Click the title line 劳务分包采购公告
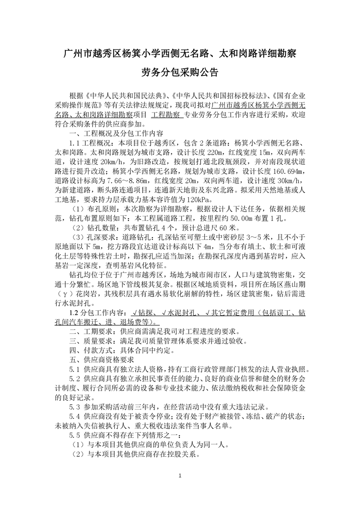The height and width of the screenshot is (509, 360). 180,73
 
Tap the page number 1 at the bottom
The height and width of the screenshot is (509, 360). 180,475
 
